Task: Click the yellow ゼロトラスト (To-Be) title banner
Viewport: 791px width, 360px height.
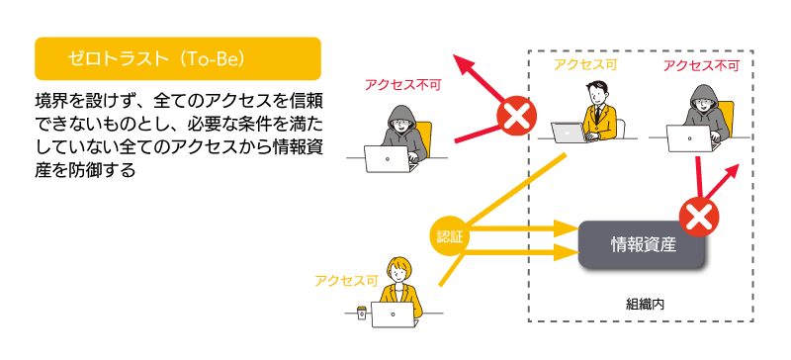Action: point(178,58)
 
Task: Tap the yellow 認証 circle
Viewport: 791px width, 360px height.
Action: point(449,236)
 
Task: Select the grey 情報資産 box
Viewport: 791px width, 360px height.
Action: point(641,245)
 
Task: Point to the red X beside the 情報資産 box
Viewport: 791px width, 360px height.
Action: point(699,218)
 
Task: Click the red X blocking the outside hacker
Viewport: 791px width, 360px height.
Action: point(516,118)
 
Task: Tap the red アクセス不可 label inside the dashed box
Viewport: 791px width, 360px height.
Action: point(701,65)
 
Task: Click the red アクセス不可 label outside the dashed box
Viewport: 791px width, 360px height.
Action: point(402,85)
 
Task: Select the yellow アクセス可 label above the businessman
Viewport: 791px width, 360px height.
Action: point(585,64)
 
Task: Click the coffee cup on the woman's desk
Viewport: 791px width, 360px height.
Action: point(361,313)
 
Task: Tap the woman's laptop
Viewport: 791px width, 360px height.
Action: point(395,315)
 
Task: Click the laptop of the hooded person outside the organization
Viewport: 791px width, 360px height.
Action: point(389,159)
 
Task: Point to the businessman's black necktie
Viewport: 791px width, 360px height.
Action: point(597,114)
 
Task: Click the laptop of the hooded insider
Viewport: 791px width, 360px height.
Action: point(691,138)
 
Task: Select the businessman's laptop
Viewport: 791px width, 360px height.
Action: point(571,133)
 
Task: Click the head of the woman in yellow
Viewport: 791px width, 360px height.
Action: point(398,269)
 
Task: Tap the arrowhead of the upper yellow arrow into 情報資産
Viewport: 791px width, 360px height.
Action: point(566,228)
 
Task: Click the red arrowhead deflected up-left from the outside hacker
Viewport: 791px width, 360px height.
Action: point(465,65)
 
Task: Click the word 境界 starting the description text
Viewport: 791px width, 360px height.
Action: point(48,101)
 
